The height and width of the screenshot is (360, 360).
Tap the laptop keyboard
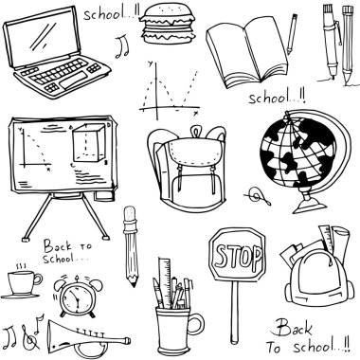[63, 85]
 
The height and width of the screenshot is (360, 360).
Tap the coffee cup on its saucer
[23, 282]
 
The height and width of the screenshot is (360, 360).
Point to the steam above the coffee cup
[21, 264]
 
